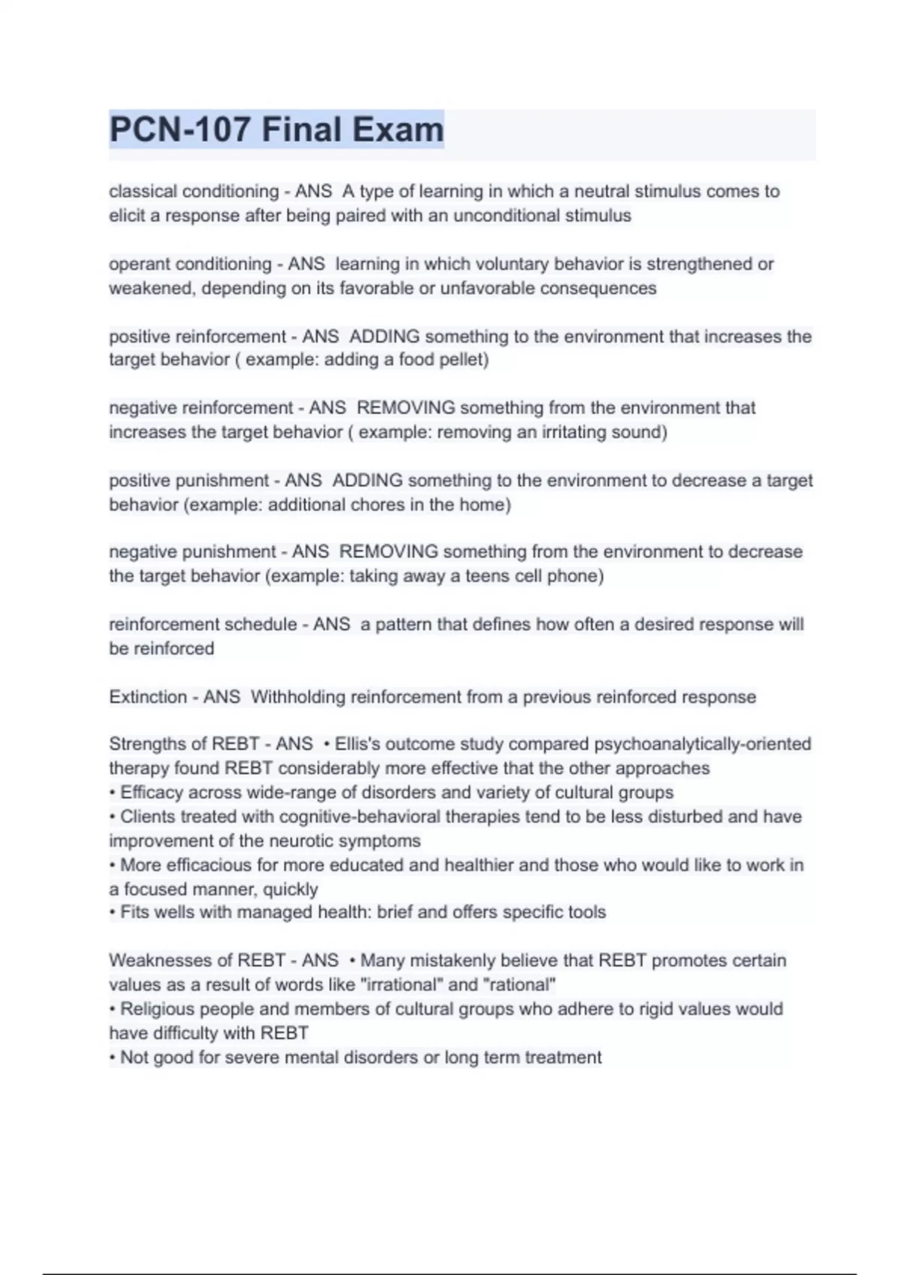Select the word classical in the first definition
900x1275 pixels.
tap(143, 191)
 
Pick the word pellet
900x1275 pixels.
tap(463, 359)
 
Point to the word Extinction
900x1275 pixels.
tap(148, 697)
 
